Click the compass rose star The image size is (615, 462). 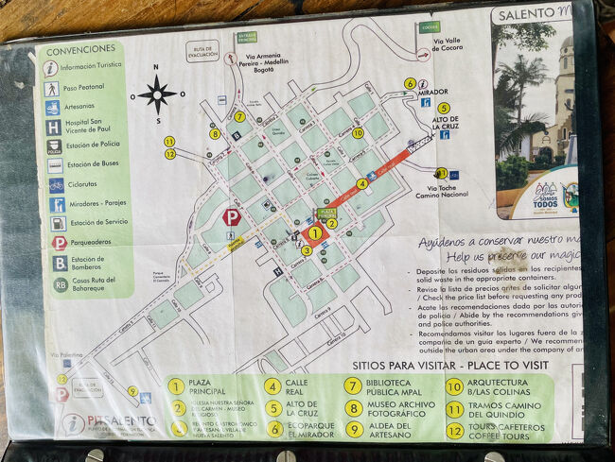(x=157, y=94)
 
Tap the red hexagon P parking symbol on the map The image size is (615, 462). (x=231, y=217)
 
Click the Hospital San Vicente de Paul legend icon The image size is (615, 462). (x=53, y=127)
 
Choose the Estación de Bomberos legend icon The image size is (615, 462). (x=59, y=263)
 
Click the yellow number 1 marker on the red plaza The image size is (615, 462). (x=315, y=233)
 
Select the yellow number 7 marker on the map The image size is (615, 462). (x=240, y=117)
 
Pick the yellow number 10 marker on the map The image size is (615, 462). (x=358, y=133)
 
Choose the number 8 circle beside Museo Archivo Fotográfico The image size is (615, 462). (x=353, y=408)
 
